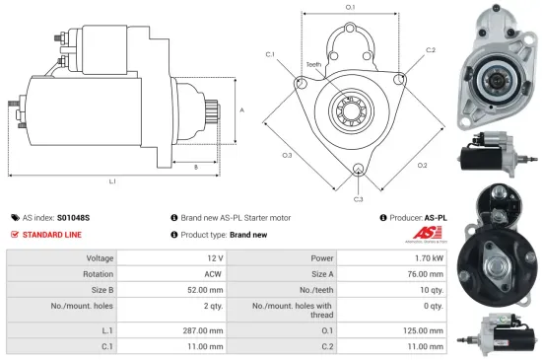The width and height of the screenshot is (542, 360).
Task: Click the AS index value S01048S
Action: pyautogui.click(x=73, y=217)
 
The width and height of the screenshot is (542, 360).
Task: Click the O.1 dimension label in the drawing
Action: pyautogui.click(x=351, y=8)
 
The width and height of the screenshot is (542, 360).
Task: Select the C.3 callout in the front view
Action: pyautogui.click(x=358, y=198)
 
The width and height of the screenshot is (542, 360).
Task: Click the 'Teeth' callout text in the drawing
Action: pyautogui.click(x=313, y=65)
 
